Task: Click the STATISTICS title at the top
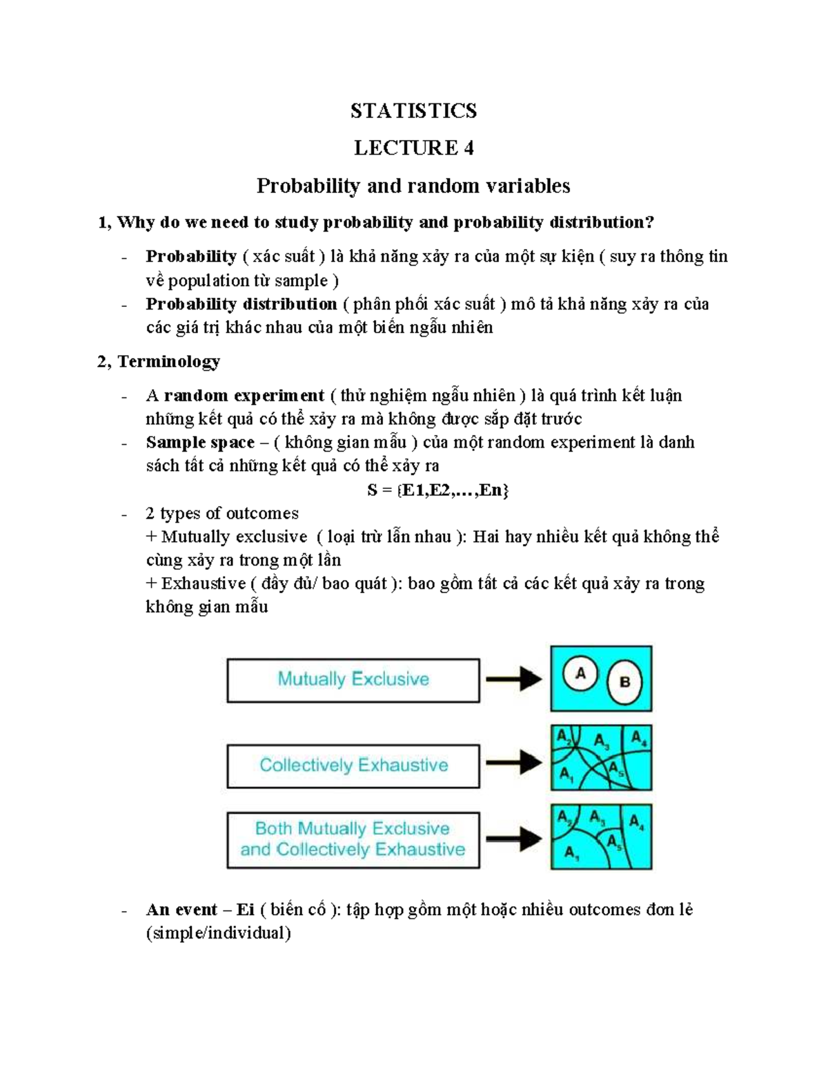click(413, 110)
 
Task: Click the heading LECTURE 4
click(413, 148)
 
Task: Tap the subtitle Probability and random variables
click(413, 186)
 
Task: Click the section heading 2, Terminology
click(159, 361)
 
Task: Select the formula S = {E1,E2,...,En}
click(438, 490)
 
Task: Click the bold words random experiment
click(244, 396)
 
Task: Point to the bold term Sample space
click(200, 443)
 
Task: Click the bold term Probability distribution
click(241, 304)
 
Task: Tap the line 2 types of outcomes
click(222, 514)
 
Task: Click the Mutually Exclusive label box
click(353, 680)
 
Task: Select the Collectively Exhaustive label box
click(353, 765)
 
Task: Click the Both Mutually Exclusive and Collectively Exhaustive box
click(353, 839)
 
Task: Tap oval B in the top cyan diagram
click(624, 682)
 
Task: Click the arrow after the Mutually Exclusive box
click(514, 679)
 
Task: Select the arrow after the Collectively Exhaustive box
click(514, 762)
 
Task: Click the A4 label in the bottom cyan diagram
click(637, 822)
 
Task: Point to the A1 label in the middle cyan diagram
click(566, 774)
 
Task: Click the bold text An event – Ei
click(200, 910)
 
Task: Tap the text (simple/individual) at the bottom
click(218, 934)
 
